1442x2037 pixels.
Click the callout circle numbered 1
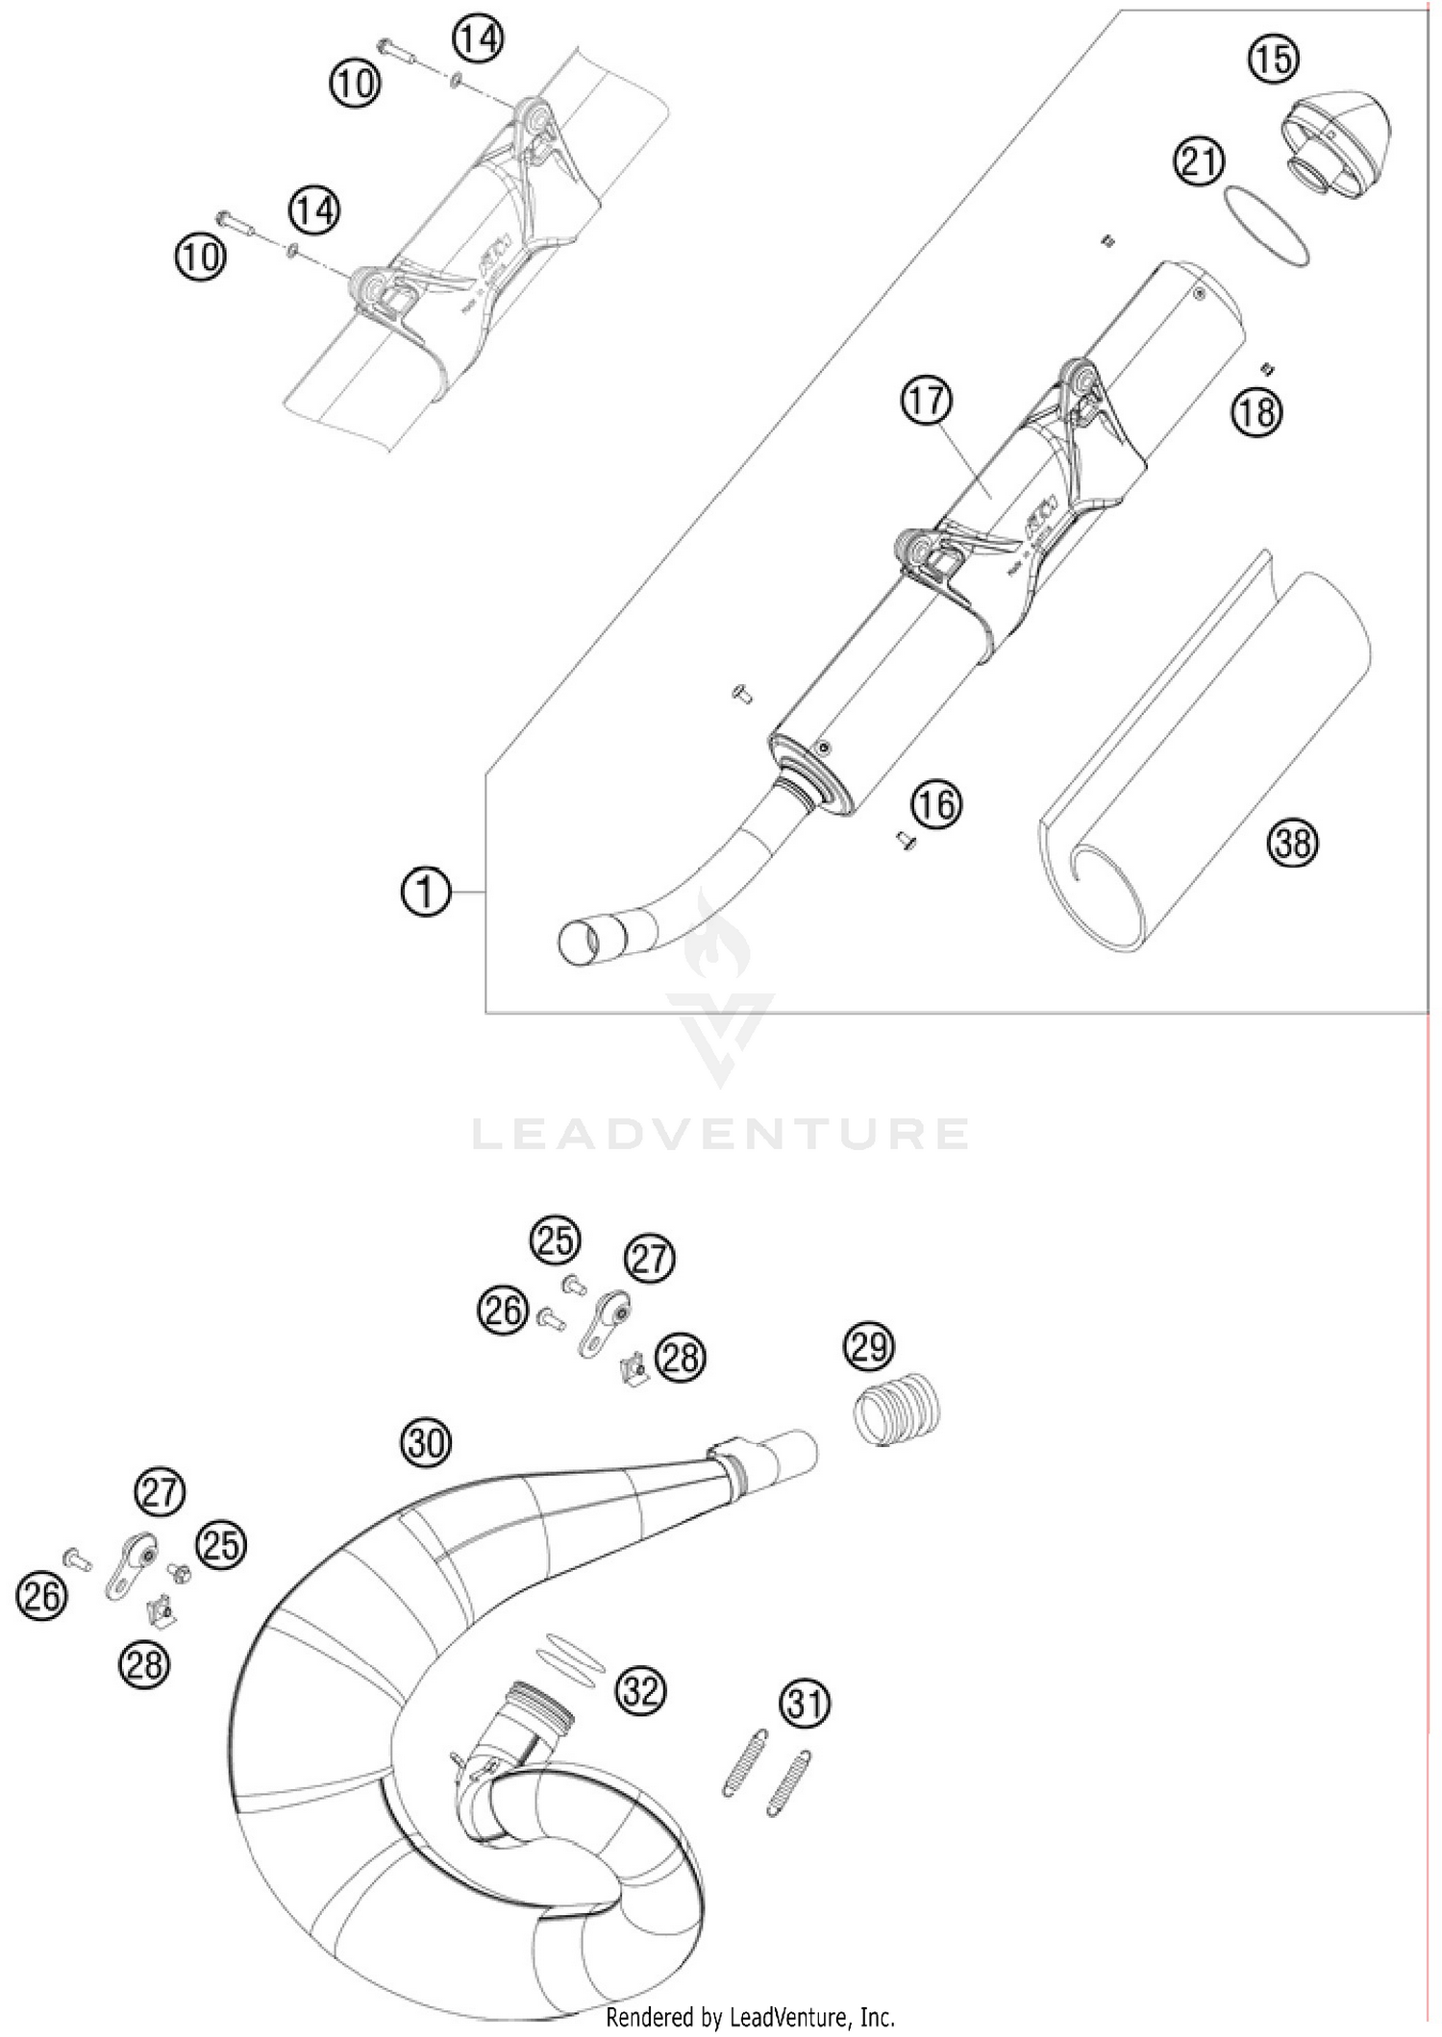pos(425,893)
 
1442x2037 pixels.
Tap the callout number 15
pos(1274,59)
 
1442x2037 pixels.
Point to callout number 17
pos(927,401)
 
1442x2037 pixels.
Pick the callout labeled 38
pos(1293,843)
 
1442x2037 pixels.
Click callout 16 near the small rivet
pos(937,803)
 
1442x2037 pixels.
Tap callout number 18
pos(1257,412)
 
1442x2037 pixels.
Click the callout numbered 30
pos(427,1442)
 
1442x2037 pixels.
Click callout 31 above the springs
pos(805,1704)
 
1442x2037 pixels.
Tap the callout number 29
pos(868,1347)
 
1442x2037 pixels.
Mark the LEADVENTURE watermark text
pos(721,1134)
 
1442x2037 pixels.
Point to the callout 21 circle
pos(1199,161)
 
